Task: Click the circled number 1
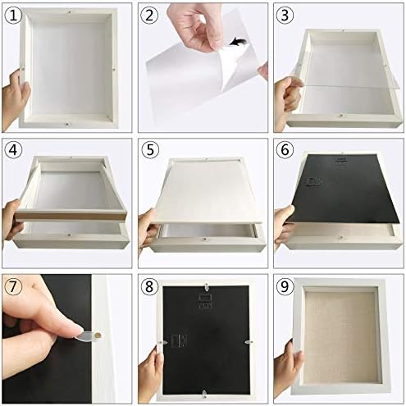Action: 13,15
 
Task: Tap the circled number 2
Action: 149,15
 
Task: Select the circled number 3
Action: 285,15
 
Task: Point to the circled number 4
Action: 13,150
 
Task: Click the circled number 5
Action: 150,150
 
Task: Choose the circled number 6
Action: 285,150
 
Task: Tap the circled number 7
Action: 13,286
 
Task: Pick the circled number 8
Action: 149,286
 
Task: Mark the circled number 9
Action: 285,286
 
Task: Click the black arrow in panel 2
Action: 238,42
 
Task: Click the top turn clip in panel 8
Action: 207,287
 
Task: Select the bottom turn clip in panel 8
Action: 204,394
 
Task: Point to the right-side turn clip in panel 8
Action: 249,342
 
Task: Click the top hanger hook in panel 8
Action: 206,301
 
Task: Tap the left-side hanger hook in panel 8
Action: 179,341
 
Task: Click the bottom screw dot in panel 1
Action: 67,124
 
